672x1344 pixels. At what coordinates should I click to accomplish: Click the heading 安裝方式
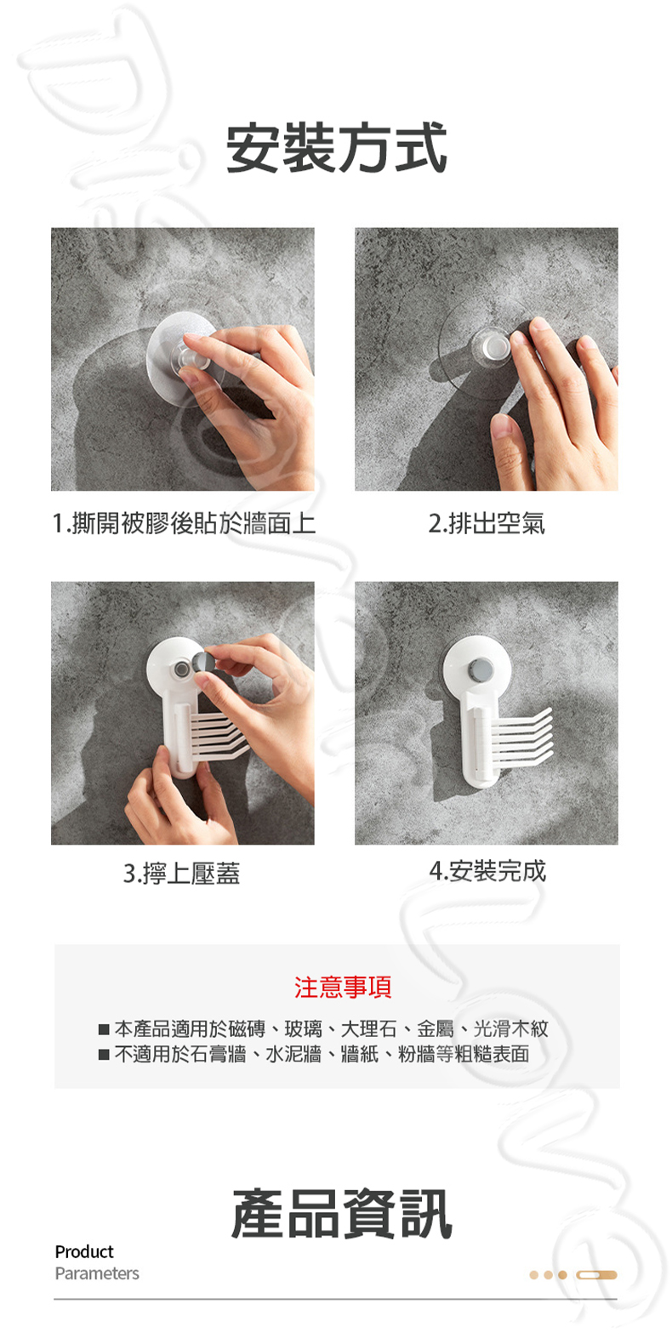point(336,148)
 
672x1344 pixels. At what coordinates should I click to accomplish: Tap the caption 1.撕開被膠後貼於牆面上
point(183,523)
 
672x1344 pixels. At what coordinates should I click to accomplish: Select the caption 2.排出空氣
point(486,523)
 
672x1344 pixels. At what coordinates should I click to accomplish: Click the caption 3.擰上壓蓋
point(181,873)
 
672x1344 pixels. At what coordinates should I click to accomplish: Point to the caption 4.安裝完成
point(487,871)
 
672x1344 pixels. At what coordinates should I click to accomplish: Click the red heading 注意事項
point(343,987)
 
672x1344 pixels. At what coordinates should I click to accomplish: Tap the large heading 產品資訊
point(341,1214)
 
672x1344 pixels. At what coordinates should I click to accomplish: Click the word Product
point(83,1251)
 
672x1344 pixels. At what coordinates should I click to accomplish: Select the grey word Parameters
point(96,1273)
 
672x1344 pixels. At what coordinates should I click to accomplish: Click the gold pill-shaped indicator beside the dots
point(596,1275)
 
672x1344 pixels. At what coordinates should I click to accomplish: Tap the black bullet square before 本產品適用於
point(104,1030)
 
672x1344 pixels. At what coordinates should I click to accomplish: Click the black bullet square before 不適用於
point(104,1056)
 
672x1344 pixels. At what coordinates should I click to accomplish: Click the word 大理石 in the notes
point(368,1029)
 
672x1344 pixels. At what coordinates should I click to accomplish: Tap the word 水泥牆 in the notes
point(293,1055)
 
